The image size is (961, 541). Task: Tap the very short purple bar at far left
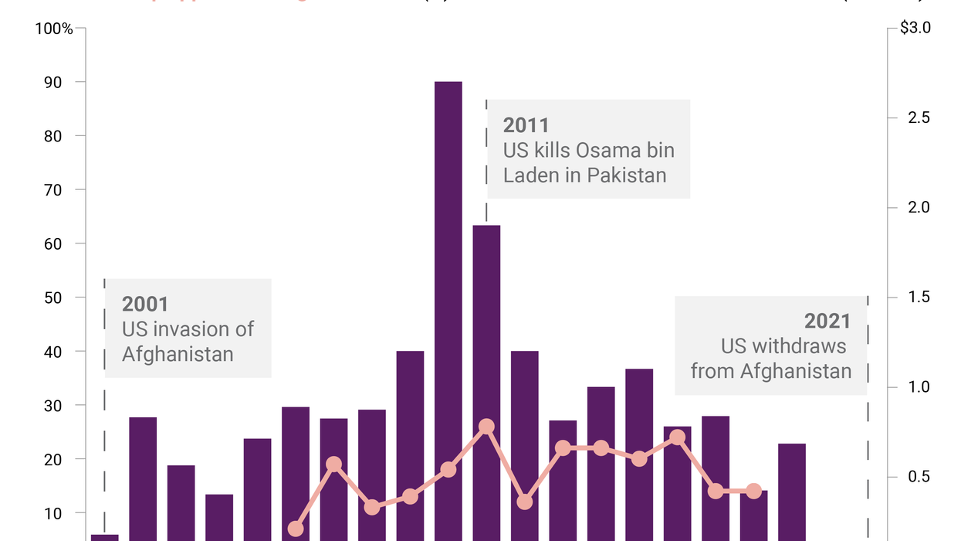[105, 537]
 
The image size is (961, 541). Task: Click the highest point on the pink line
[486, 427]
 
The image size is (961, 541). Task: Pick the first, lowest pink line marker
[296, 529]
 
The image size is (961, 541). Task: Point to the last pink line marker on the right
[754, 491]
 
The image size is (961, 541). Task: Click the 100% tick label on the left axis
[54, 29]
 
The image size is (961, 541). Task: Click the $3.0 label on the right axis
[915, 29]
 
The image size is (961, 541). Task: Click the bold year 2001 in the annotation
[145, 304]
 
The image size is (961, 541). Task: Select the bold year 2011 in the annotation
[526, 125]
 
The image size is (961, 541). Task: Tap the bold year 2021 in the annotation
[827, 321]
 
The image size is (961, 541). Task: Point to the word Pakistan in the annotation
[626, 175]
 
